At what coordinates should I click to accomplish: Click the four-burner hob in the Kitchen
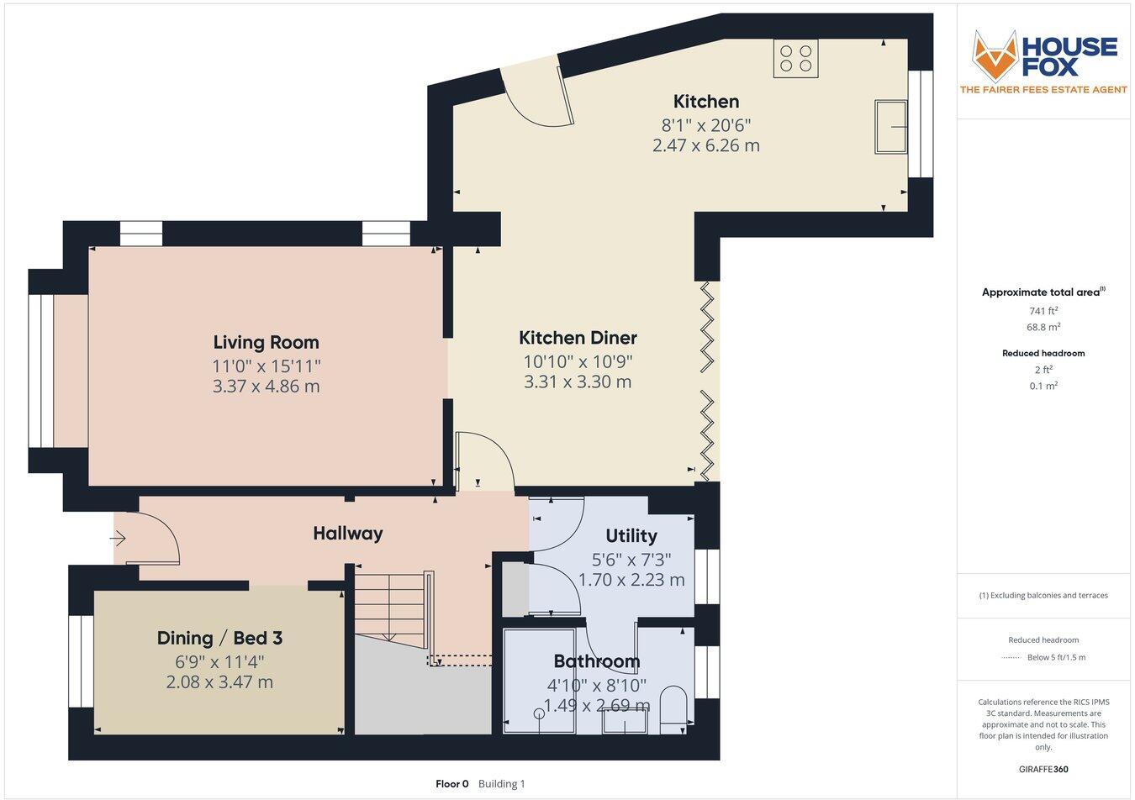coord(795,58)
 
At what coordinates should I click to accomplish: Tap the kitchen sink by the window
coord(890,127)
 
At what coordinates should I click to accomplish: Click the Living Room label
coord(266,342)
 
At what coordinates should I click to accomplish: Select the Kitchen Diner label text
coord(578,338)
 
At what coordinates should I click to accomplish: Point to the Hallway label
coord(347,533)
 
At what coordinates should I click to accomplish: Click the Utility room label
coord(631,535)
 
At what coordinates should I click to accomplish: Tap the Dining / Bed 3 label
coord(219,638)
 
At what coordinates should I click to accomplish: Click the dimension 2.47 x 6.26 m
coord(705,145)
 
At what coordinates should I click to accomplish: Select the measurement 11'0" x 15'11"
coord(266,366)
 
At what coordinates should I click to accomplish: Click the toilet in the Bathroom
coord(673,707)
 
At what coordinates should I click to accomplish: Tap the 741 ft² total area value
coord(1043,311)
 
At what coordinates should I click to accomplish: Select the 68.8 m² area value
coord(1043,328)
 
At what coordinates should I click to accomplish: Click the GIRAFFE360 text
coord(1043,769)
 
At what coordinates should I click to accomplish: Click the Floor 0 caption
coord(452,784)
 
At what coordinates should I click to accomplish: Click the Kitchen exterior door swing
coord(538,92)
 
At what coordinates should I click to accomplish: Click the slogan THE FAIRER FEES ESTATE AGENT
coord(1043,90)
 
